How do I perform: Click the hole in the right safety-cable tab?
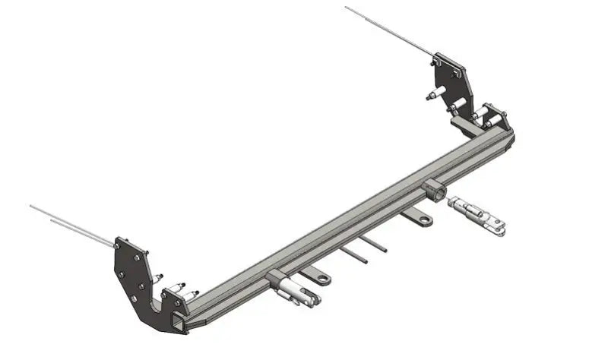(423, 220)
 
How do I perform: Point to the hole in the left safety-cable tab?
(324, 280)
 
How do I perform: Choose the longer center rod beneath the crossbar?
(354, 254)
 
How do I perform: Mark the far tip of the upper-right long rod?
(346, 8)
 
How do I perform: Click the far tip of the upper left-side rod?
(30, 206)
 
